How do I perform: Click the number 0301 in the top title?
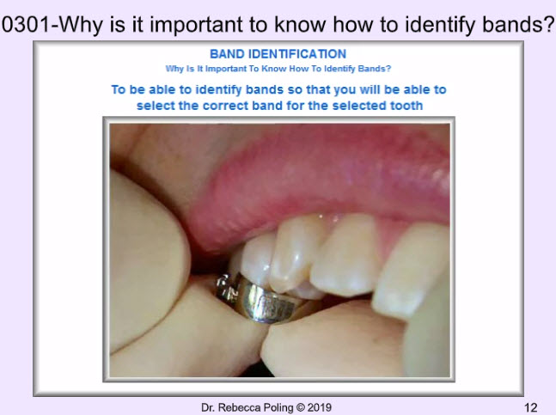pyautogui.click(x=26, y=25)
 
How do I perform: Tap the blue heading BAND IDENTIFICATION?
pyautogui.click(x=278, y=54)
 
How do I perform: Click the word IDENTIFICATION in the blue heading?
pyautogui.click(x=297, y=54)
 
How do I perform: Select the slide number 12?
pyautogui.click(x=531, y=407)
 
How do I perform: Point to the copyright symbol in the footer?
pyautogui.click(x=300, y=408)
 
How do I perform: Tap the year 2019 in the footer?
pyautogui.click(x=319, y=407)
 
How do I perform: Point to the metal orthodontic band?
pyautogui.click(x=260, y=298)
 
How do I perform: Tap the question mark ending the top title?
pyautogui.click(x=548, y=24)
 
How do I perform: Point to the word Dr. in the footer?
pyautogui.click(x=208, y=407)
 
